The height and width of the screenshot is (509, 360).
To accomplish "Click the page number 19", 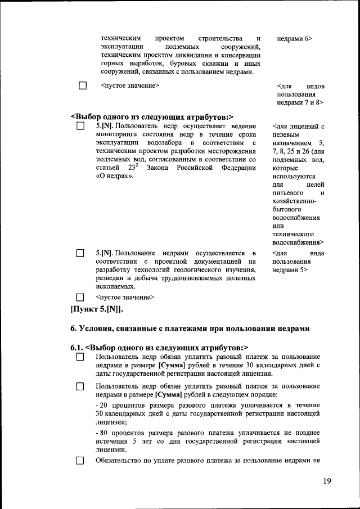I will pos(328,481).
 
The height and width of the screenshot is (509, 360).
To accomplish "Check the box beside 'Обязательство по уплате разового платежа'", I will pos(80,461).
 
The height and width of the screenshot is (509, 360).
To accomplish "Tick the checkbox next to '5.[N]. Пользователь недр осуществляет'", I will pos(80,127).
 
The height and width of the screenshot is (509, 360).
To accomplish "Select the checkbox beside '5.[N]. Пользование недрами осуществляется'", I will pos(80,254).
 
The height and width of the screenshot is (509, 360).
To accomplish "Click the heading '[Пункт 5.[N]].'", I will pos(97,309).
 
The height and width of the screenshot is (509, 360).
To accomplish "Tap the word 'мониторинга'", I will pos(116,134).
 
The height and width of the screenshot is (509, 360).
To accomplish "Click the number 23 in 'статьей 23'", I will pos(133,168).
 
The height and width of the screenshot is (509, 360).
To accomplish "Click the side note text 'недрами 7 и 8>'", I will pos(300,103).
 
